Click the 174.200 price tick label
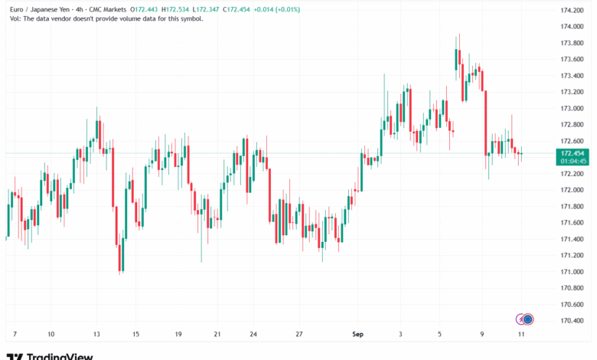[x=572, y=10]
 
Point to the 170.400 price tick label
[x=572, y=321]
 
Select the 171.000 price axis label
[x=572, y=272]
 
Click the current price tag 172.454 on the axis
[x=573, y=153]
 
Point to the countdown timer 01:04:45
[x=573, y=161]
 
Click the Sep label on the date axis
[x=355, y=335]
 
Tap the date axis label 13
[x=96, y=335]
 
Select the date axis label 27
[x=300, y=335]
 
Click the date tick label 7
[x=15, y=335]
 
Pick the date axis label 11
[x=520, y=335]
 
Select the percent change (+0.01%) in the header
[x=286, y=9]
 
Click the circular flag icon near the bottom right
[x=527, y=319]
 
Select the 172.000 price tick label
[x=572, y=190]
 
